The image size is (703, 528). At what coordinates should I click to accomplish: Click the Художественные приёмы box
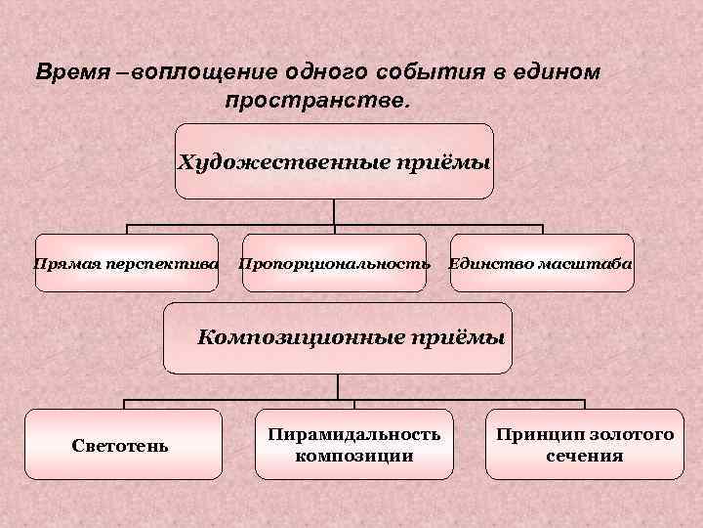334,161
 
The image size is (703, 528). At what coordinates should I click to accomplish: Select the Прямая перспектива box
126,263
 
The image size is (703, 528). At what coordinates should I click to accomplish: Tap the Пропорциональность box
334,263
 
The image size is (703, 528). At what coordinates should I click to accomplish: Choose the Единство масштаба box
541,263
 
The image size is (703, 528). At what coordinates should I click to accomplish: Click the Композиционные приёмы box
337,338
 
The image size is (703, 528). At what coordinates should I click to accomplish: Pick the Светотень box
122,445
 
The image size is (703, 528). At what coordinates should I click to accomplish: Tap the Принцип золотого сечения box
584,444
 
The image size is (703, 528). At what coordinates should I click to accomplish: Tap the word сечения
584,456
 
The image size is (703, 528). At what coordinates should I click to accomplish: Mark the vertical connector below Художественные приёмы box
334,213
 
